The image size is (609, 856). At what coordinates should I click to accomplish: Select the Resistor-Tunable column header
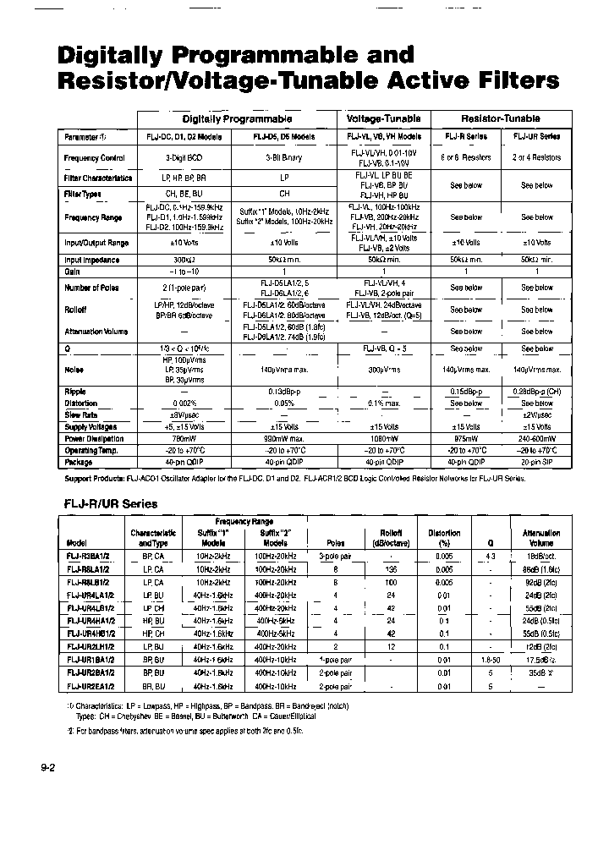(501, 119)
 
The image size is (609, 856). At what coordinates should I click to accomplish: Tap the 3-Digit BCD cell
(184, 157)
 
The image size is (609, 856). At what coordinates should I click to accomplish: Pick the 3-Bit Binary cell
(284, 157)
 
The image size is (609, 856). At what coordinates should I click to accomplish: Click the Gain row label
(72, 272)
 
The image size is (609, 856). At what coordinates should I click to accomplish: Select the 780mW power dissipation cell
(184, 439)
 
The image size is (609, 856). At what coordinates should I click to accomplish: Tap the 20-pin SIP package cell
(536, 463)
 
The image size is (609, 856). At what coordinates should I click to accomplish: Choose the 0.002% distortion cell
(184, 403)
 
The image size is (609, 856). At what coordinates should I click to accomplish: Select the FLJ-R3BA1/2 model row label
(88, 557)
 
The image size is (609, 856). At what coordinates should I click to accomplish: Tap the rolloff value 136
(390, 570)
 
